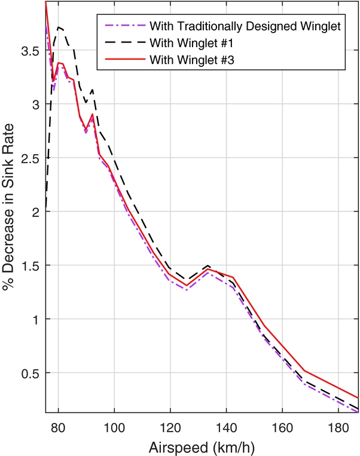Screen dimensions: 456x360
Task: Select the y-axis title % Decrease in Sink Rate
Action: pos(10,206)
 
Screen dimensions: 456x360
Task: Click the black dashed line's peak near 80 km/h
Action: pos(58,27)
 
